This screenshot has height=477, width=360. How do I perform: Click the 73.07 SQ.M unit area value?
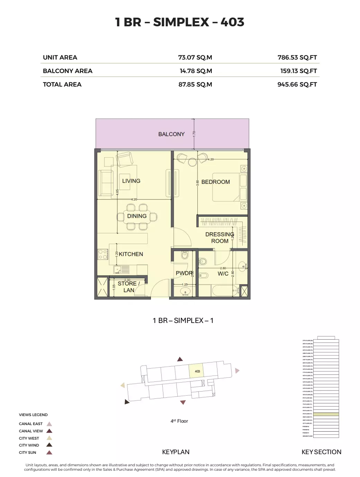[195, 57]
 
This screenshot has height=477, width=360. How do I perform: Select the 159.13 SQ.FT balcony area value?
[298, 71]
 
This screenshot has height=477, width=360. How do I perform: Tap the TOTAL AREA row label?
[62, 84]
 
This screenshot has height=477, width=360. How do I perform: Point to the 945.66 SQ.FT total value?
[297, 84]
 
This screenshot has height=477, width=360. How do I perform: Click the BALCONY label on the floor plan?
[171, 134]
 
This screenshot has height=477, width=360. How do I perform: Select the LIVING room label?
[131, 181]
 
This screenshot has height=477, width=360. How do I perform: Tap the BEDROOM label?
[215, 182]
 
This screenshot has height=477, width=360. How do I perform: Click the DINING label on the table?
[137, 216]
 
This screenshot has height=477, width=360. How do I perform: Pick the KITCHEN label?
[131, 254]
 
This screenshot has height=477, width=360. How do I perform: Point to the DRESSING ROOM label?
[219, 237]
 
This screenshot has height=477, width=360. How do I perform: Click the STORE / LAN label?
[128, 287]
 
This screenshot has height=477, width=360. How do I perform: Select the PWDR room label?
[184, 273]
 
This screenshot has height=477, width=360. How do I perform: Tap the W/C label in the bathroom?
[223, 274]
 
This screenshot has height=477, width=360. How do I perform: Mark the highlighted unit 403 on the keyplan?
[197, 371]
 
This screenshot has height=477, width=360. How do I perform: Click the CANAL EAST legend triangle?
[49, 424]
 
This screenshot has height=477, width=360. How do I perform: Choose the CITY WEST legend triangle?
[49, 438]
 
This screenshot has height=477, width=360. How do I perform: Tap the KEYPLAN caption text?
[175, 452]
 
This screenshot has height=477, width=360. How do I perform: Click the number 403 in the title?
[232, 22]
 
